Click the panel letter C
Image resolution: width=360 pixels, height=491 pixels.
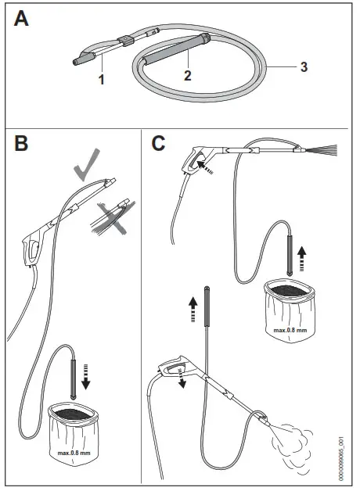click(159, 145)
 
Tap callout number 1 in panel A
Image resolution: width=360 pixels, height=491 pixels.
click(103, 79)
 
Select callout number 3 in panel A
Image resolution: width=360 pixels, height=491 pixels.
click(303, 66)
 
